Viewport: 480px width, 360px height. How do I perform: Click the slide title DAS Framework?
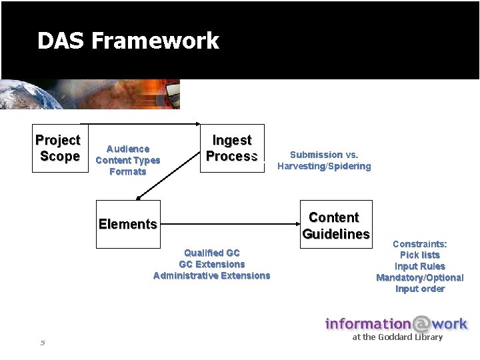[128, 41]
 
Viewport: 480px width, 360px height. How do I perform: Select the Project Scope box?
[59, 148]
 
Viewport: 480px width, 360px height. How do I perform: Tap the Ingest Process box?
[232, 148]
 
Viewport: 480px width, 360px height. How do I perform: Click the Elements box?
[128, 224]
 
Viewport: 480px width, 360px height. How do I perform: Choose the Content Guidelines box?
[335, 225]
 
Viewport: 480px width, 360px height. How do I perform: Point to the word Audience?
[128, 149]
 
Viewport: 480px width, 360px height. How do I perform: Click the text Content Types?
[128, 160]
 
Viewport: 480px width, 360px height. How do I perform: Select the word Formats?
[128, 171]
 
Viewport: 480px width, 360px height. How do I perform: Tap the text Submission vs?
[324, 155]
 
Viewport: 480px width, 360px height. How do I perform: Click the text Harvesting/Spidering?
[324, 166]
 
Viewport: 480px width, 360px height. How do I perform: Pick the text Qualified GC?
[212, 253]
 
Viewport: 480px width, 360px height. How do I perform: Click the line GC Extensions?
[212, 264]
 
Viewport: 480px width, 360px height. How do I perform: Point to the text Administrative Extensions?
[212, 275]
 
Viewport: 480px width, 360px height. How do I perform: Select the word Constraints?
[420, 244]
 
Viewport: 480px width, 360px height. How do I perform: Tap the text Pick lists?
[420, 255]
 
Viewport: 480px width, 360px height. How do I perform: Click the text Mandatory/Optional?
[420, 277]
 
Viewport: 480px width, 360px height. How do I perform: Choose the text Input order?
[420, 289]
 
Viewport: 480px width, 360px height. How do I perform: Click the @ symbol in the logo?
[421, 325]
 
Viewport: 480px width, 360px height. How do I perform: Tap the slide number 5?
[42, 343]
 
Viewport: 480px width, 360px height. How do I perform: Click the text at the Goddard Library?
[397, 337]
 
